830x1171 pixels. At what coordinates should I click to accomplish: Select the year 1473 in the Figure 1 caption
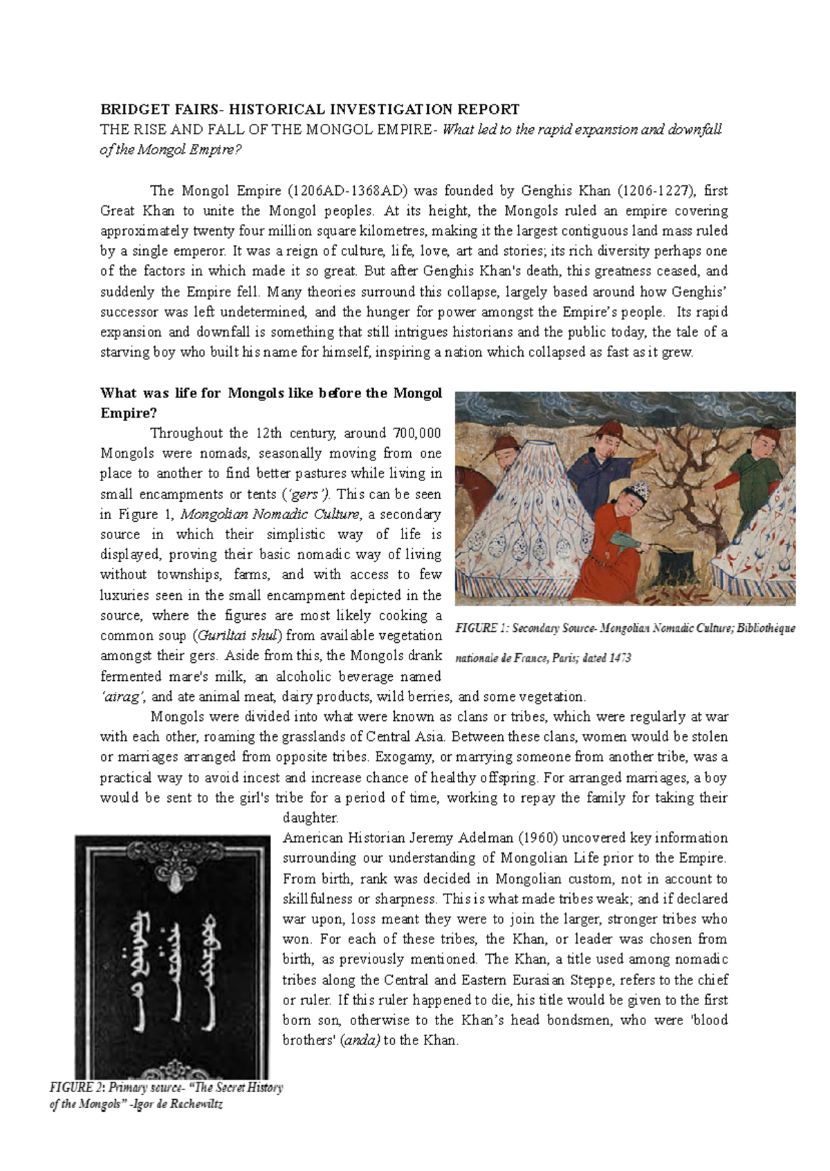[x=620, y=658]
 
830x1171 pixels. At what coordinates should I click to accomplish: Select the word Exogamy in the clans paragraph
[x=408, y=757]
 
